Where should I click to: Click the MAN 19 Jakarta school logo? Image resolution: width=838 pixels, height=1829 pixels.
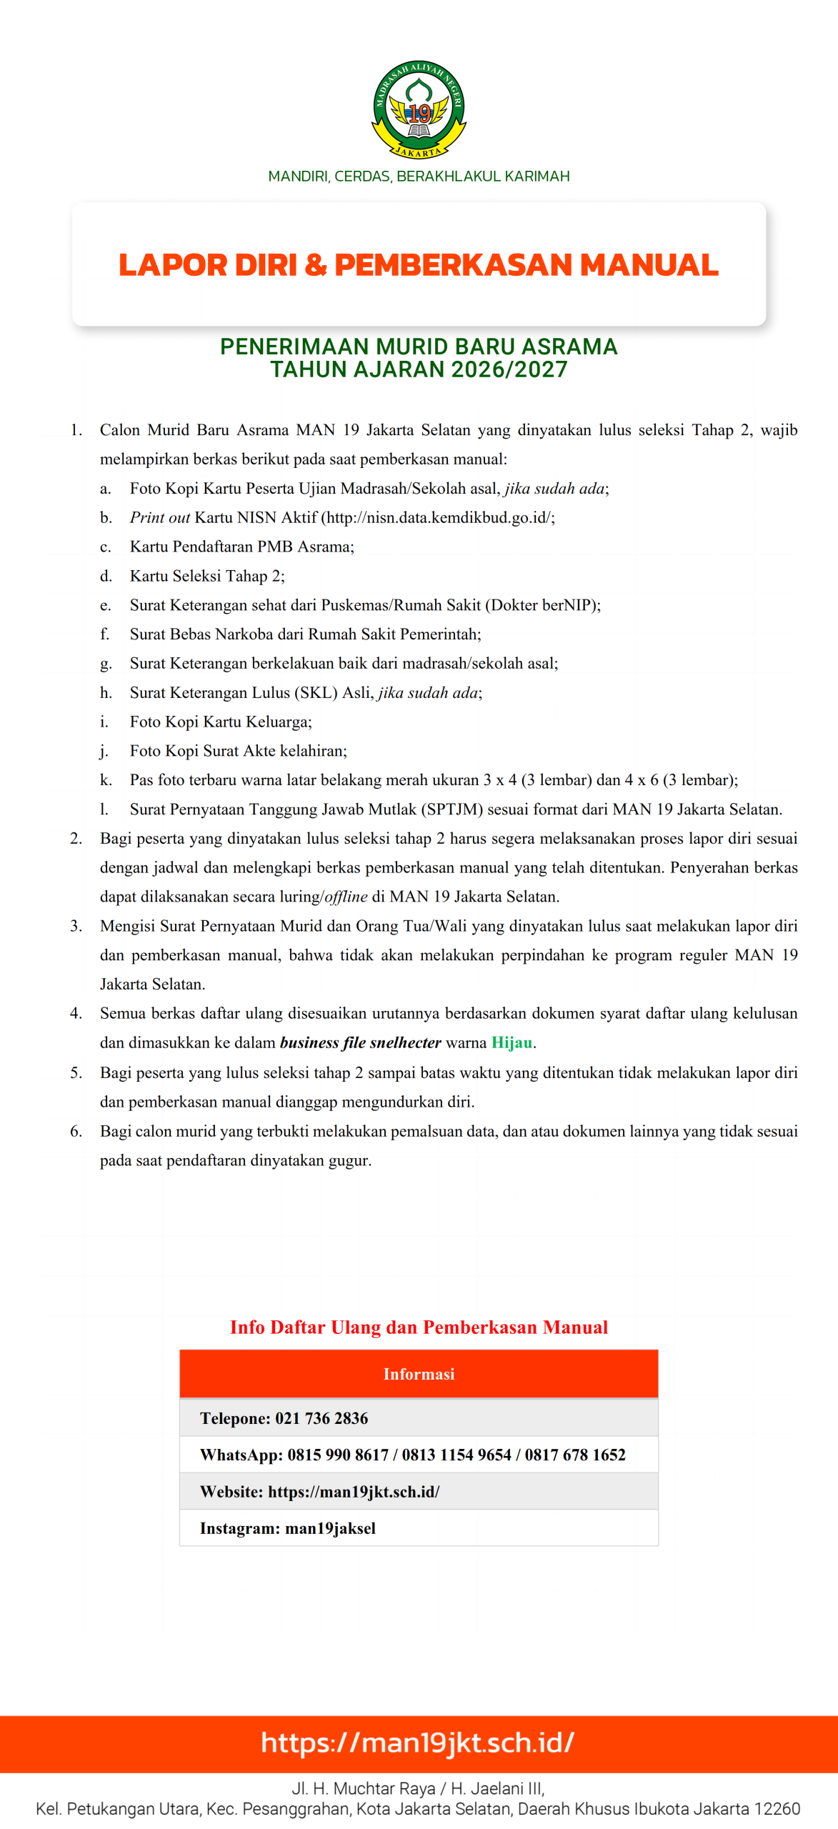[x=419, y=109]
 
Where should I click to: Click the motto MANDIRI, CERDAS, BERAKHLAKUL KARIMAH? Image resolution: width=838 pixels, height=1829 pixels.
[x=419, y=176]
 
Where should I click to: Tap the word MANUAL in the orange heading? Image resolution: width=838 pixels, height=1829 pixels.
[x=649, y=265]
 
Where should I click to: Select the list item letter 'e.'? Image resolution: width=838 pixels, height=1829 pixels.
[x=106, y=605]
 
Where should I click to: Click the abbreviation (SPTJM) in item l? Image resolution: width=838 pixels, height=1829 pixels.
[x=452, y=809]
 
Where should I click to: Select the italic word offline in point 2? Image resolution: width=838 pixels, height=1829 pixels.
[x=346, y=897]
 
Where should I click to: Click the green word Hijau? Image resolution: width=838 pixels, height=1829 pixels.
[x=512, y=1042]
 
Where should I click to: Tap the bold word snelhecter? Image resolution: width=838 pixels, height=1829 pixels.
[x=405, y=1042]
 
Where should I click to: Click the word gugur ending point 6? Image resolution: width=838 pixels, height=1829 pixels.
[x=349, y=1160]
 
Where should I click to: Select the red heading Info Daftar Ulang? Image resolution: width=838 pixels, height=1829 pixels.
[x=419, y=1327]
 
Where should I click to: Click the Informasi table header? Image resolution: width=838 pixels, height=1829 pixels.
[x=419, y=1374]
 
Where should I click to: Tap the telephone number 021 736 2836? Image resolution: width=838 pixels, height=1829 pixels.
[x=321, y=1418]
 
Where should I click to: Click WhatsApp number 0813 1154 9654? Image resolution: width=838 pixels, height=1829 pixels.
[x=457, y=1455]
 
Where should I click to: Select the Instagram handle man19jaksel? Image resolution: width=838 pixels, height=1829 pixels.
[x=330, y=1528]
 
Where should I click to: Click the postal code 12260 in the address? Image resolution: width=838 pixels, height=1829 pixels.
[x=777, y=1809]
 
